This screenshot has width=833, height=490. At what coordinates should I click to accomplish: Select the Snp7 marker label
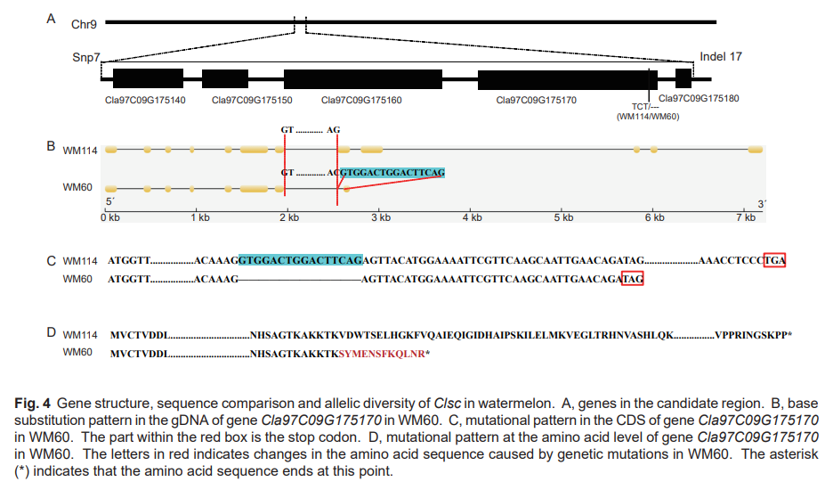click(x=85, y=57)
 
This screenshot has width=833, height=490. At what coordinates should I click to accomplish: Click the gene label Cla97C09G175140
click(x=145, y=100)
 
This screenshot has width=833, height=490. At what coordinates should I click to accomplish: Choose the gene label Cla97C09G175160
click(x=361, y=100)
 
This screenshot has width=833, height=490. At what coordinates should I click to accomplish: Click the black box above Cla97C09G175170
click(x=568, y=78)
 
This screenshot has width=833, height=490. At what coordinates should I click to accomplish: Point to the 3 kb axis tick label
click(x=381, y=217)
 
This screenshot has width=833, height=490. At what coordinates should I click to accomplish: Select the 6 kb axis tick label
click(x=654, y=217)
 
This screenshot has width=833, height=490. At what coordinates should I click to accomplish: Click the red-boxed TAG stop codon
click(x=632, y=279)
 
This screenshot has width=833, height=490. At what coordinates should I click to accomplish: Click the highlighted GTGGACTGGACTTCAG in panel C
click(x=300, y=260)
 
